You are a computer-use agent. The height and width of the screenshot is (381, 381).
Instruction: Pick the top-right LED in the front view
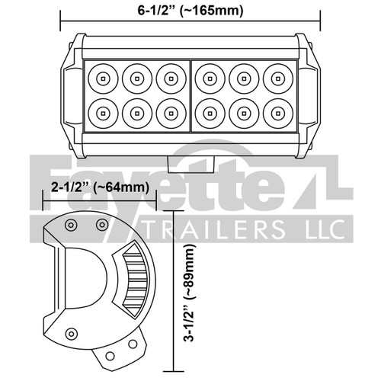click(277, 77)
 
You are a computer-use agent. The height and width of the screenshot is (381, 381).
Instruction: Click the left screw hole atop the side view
click(71, 225)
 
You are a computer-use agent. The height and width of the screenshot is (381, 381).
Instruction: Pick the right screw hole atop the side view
click(101, 225)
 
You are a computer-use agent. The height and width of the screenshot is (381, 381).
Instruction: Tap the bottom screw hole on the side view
click(72, 331)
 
